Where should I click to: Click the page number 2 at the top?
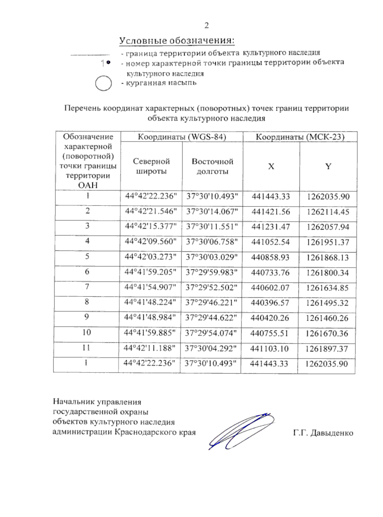(x=207, y=26)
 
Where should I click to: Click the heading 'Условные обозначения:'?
(x=177, y=41)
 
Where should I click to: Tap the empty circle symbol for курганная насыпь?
(x=103, y=84)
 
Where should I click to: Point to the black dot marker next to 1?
(x=109, y=63)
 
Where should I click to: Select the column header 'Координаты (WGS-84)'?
(x=182, y=137)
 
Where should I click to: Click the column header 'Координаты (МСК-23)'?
(x=300, y=137)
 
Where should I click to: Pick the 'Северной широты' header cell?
(x=151, y=166)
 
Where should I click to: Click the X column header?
(x=271, y=166)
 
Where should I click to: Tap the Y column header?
(x=328, y=166)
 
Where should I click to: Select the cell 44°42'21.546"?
(x=151, y=211)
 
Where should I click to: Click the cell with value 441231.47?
(x=271, y=227)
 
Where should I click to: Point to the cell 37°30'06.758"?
(x=212, y=242)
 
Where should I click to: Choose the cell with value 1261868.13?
(x=327, y=257)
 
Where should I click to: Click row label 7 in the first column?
(x=87, y=287)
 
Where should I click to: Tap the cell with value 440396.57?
(x=270, y=303)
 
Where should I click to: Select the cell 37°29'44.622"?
(x=211, y=318)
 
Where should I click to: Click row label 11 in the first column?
(x=86, y=348)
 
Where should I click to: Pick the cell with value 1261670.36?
(x=327, y=333)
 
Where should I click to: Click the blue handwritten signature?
(x=241, y=431)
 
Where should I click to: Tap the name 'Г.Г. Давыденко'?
(x=323, y=433)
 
